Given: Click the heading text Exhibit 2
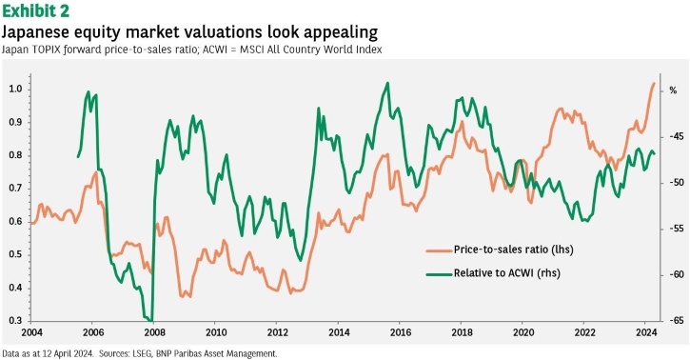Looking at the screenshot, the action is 36,10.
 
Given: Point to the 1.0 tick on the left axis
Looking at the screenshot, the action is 15,90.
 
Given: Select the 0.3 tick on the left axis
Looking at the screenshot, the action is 15,321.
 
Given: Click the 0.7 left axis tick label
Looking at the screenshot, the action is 15,189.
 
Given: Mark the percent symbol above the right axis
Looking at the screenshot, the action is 673,90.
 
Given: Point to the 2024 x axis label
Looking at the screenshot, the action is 644,332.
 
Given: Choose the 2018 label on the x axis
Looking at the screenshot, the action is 461,332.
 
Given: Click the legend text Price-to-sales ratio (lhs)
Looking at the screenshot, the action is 514,250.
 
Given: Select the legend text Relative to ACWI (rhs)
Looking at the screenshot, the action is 507,273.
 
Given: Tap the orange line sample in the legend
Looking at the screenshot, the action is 439,250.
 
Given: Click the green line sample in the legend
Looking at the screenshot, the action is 439,274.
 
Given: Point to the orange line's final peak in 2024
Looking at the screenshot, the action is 654,83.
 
